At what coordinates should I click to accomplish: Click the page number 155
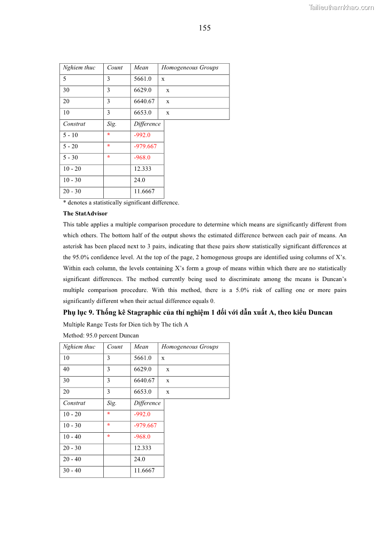205,28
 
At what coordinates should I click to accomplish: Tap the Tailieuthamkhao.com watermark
341,8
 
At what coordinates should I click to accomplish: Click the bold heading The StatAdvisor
85,214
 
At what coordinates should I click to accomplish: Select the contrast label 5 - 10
70,135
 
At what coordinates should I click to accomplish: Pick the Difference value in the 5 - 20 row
145,146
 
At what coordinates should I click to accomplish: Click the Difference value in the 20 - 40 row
139,459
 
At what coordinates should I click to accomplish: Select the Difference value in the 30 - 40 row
144,471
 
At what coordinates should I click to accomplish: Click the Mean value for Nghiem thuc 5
143,79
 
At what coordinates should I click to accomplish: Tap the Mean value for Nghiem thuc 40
143,369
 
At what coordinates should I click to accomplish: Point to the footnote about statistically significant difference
121,203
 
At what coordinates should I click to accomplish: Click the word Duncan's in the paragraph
331,279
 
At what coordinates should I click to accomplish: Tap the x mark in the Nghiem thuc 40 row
168,369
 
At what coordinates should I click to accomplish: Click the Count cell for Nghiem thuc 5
109,79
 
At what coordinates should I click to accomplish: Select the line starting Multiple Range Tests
126,324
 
